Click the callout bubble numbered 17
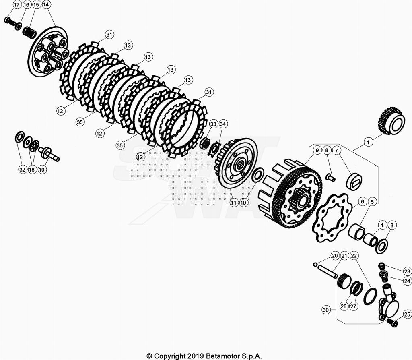pos(16,5)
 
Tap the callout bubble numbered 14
pos(46,5)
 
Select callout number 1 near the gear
pos(367,142)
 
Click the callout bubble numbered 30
pos(326,310)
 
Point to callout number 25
pos(407,314)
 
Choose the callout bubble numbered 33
pos(213,123)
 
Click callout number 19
pos(42,170)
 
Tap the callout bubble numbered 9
pos(317,150)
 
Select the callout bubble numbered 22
pos(354,256)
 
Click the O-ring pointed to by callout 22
pos(370,297)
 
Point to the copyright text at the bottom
pos(204,356)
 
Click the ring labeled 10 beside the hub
pos(257,175)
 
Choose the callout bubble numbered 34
pos(223,123)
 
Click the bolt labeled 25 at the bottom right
pos(392,323)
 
